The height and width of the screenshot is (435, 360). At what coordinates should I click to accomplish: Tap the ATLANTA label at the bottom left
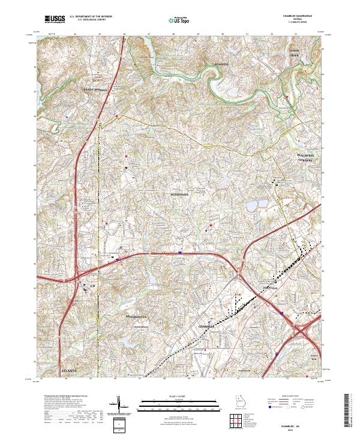[x=70, y=371]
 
